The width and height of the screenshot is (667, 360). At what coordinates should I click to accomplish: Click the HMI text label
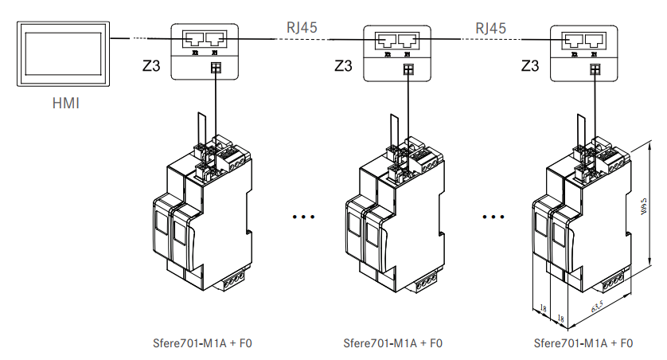[x=66, y=104]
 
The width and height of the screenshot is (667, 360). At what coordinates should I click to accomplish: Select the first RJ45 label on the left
[x=302, y=27]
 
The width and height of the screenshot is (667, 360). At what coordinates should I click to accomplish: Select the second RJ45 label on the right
[x=491, y=27]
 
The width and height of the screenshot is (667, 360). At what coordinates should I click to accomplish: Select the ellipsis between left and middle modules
[x=305, y=216]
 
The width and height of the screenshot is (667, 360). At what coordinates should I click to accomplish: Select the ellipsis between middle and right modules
[x=493, y=216]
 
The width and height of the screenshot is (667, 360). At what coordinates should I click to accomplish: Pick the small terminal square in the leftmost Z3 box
[x=214, y=68]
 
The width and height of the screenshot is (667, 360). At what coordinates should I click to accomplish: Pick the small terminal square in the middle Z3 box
[x=408, y=69]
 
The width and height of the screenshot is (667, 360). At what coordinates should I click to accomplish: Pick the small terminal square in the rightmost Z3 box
[x=595, y=69]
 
